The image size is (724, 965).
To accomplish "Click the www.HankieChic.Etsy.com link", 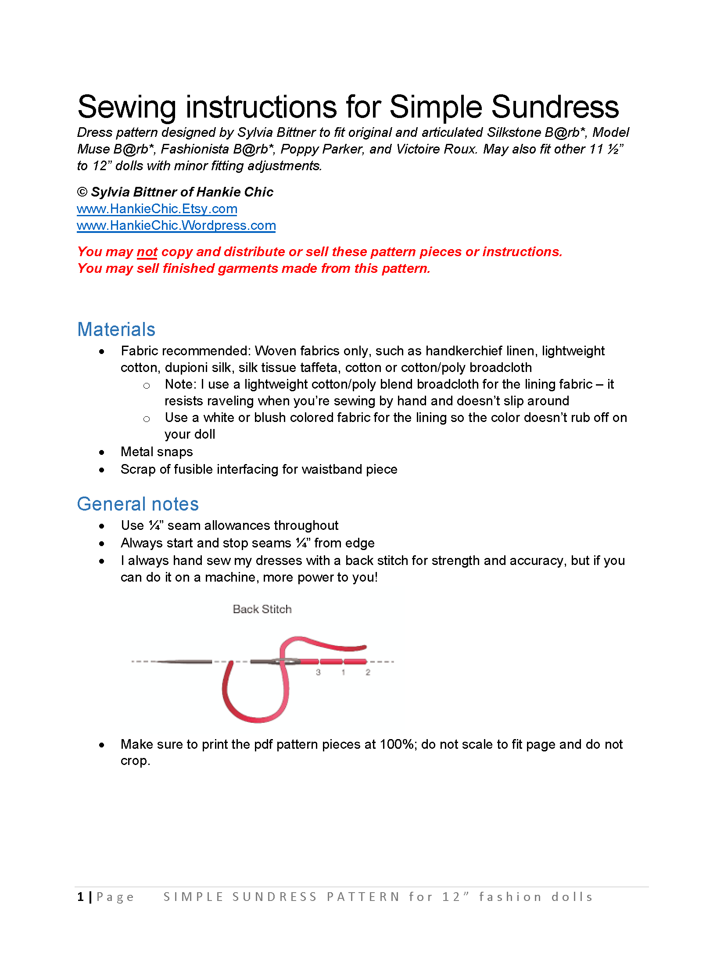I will tap(157, 209).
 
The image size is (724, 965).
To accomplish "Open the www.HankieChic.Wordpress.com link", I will tap(176, 225).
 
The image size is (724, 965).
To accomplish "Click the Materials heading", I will tap(116, 329).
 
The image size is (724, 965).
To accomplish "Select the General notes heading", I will tap(138, 504).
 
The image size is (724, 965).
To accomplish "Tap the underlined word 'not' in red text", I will tap(147, 252).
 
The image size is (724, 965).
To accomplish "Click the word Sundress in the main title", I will tap(555, 107).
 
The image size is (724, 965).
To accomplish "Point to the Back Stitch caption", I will tap(262, 609).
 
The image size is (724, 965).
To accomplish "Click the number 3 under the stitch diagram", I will tap(318, 672).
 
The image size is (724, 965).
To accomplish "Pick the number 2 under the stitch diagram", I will tap(368, 672).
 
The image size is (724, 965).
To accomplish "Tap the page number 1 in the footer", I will tap(80, 897).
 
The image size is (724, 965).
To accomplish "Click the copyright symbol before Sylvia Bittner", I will tap(82, 192).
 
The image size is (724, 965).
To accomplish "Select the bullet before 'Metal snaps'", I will tap(102, 452).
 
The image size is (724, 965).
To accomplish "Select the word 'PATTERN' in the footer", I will tap(363, 897).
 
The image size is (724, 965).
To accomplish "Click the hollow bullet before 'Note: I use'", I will tap(147, 386).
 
